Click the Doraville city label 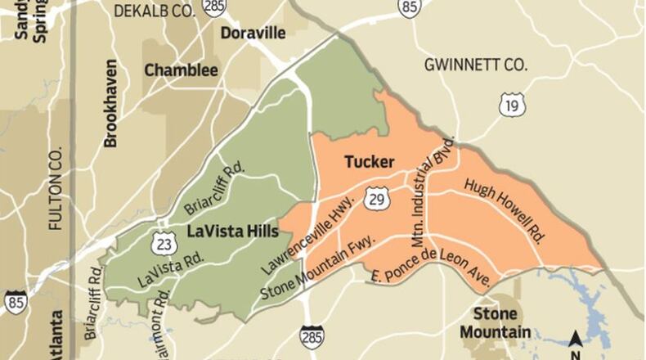(x=253, y=34)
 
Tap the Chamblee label (x=182, y=70)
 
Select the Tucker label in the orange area (x=370, y=162)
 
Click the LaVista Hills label (x=233, y=231)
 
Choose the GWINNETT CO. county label (x=476, y=65)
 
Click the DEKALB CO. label (x=155, y=11)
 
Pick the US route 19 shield (x=512, y=105)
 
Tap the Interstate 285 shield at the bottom (x=312, y=335)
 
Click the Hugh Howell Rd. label (x=505, y=209)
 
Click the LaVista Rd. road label (x=170, y=269)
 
